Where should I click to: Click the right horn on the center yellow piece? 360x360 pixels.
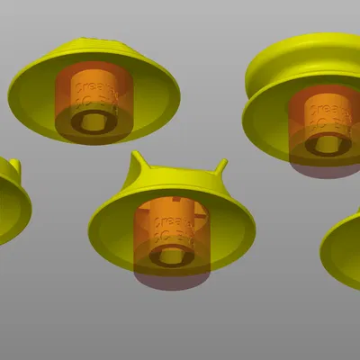click(220, 167)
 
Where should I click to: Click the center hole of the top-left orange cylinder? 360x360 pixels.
click(93, 126)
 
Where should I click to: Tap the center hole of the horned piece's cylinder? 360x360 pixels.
click(168, 256)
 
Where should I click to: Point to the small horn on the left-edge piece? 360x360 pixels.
click(14, 165)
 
